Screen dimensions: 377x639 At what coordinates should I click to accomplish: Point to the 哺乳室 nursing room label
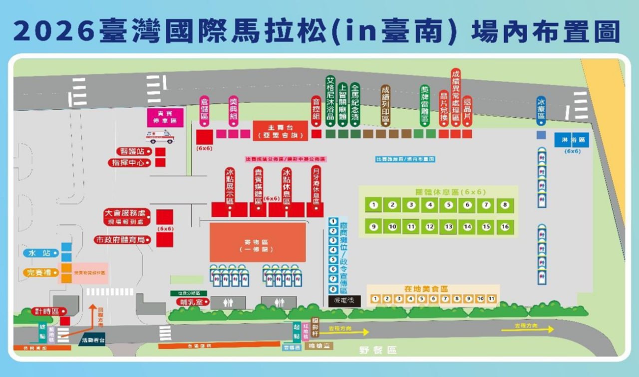tap(191, 302)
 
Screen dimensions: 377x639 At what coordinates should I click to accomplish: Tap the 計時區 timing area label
tap(48, 311)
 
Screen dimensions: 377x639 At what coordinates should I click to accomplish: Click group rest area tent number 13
tap(448, 226)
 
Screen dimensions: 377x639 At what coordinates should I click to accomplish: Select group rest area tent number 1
tap(373, 204)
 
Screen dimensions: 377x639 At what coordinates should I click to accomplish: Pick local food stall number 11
tap(491, 299)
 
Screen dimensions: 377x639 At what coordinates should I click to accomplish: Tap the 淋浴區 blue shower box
tap(572, 140)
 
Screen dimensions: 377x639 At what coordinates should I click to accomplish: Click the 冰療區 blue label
tap(541, 110)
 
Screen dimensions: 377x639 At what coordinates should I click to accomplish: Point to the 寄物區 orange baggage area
tap(258, 242)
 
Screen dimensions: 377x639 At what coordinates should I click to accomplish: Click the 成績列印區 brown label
tap(385, 105)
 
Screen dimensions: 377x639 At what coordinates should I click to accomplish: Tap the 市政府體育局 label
tap(122, 240)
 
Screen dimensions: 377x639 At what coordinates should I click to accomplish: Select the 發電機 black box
tap(344, 300)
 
